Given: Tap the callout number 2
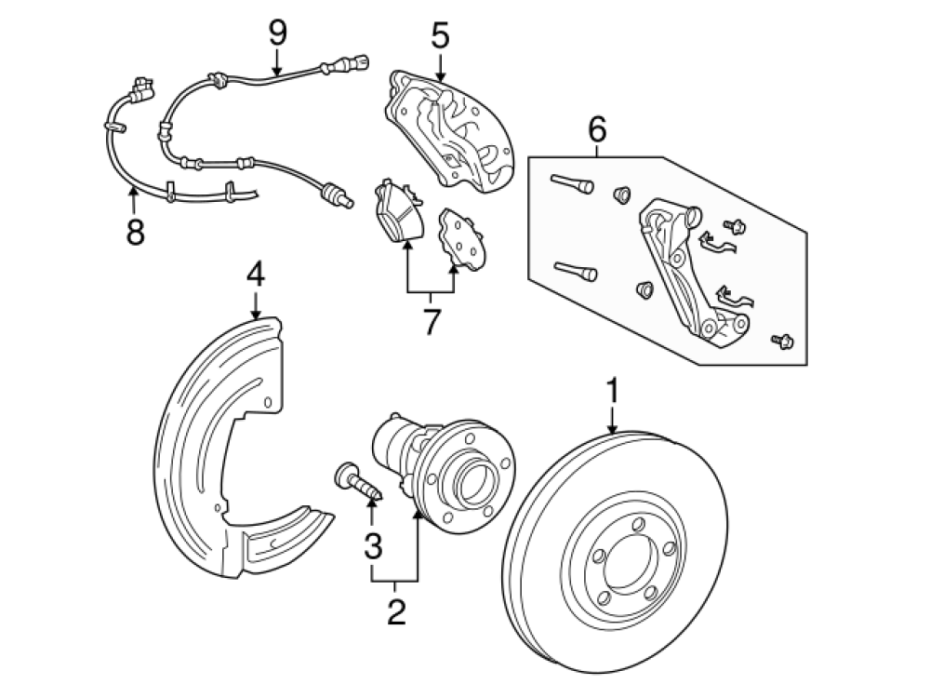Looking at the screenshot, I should click(396, 611).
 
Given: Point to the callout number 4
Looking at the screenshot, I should click(256, 275).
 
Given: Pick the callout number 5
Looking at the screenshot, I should click(440, 37).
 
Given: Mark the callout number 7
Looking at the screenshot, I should click(431, 321).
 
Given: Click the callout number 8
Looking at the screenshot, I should click(136, 231).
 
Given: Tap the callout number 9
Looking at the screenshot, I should click(277, 34).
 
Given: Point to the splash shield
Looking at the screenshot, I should click(214, 447).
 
